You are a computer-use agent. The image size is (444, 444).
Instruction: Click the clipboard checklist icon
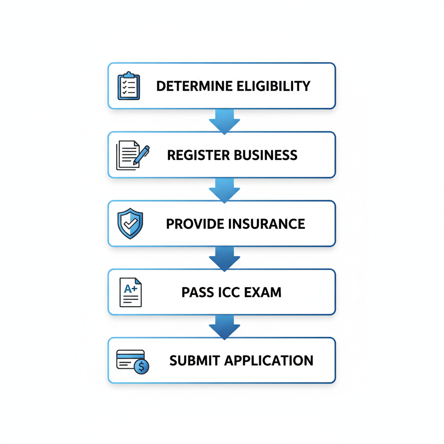pyautogui.click(x=129, y=86)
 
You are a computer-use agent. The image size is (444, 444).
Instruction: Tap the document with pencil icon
pyautogui.click(x=132, y=155)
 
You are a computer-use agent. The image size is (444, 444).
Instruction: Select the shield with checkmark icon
pyautogui.click(x=130, y=224)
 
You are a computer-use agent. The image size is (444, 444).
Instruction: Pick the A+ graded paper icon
pyautogui.click(x=131, y=292)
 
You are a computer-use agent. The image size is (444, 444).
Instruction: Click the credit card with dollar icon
pyautogui.click(x=132, y=361)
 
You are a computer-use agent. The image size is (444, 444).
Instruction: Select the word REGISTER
pyautogui.click(x=194, y=155)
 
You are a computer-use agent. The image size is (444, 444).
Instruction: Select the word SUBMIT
pyautogui.click(x=192, y=361)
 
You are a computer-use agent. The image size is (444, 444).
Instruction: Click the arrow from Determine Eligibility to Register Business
pyautogui.click(x=224, y=121)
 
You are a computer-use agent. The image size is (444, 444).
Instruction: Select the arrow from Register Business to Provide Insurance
pyautogui.click(x=224, y=189)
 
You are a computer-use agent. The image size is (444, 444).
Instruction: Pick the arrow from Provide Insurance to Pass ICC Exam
pyautogui.click(x=224, y=258)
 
